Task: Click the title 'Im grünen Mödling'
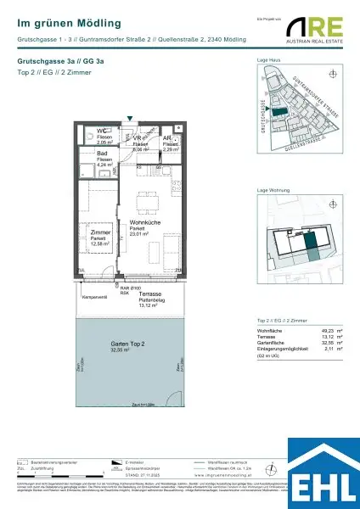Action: coord(69,23)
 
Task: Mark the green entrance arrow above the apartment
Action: coord(129,121)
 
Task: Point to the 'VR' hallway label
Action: coord(138,137)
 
